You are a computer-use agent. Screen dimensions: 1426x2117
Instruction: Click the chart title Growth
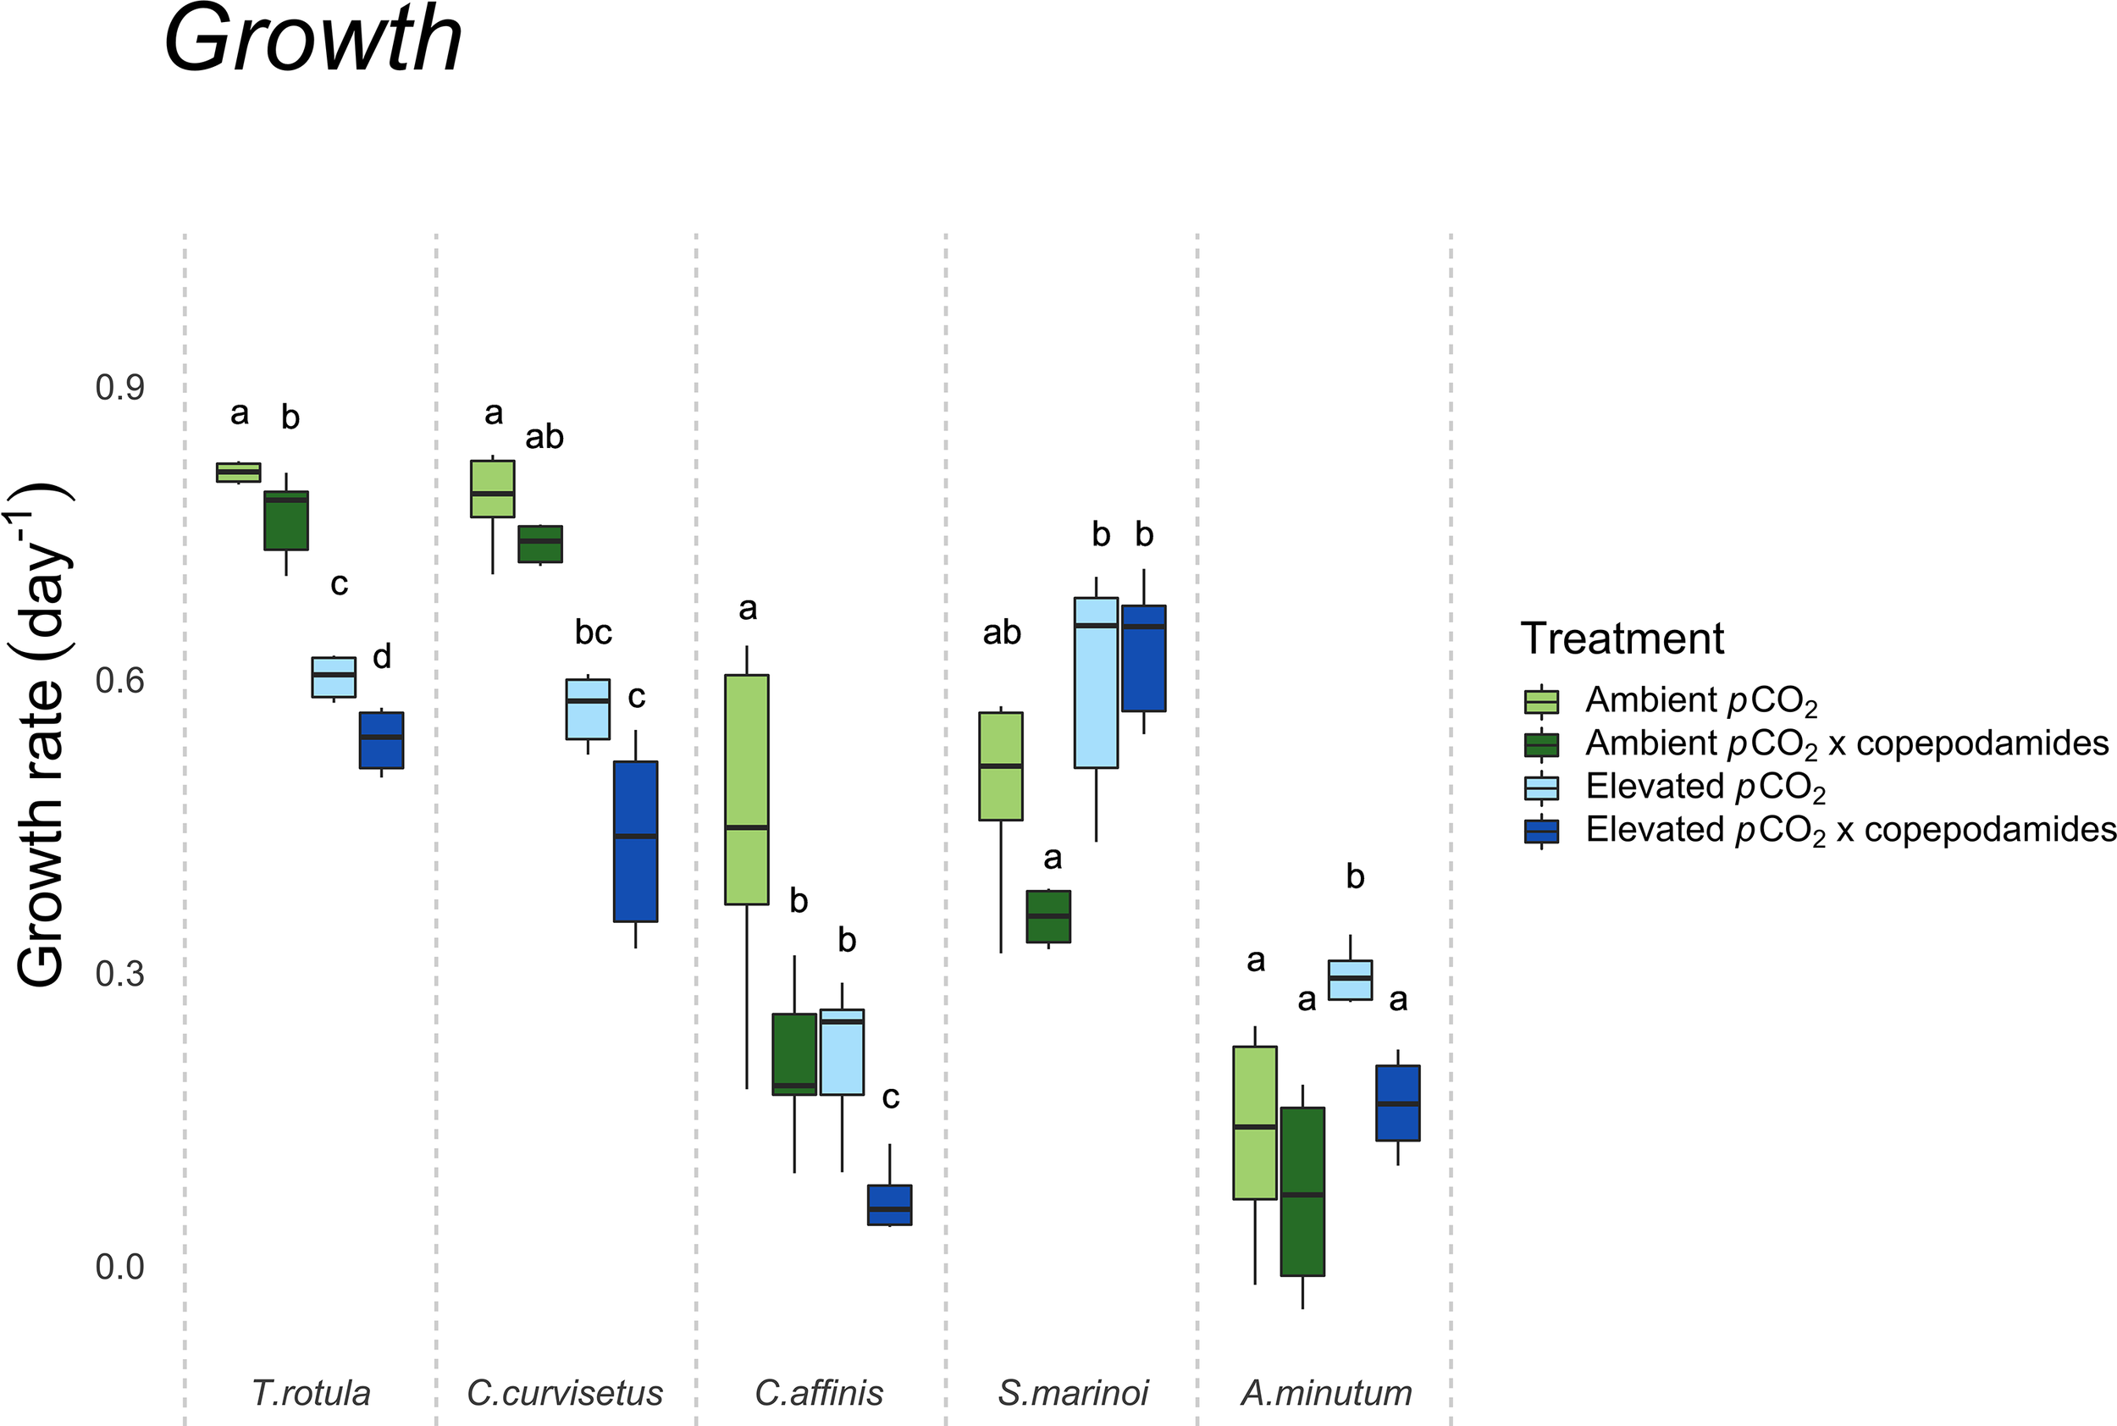pos(312,40)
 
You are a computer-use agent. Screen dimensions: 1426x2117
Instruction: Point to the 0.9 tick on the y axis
pos(119,388)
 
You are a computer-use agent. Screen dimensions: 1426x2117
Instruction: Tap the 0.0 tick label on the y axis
pos(119,1266)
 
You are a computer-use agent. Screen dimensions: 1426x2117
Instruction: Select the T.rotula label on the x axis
pos(310,1392)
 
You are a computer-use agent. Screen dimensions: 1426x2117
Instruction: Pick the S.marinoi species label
pos(1072,1392)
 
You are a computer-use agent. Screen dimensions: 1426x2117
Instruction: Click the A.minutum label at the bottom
pos(1326,1392)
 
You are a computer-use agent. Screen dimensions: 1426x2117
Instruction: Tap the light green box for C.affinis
pos(746,788)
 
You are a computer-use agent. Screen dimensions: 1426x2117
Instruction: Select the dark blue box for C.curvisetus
pos(635,840)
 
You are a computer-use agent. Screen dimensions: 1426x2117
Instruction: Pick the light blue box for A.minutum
pos(1350,980)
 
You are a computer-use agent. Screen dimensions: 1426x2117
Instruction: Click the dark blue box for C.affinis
pos(888,1204)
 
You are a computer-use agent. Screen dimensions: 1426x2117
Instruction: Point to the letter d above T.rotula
pos(382,655)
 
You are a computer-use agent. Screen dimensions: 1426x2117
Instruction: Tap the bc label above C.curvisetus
pos(593,632)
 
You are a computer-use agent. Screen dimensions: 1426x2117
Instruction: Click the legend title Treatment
pos(1622,638)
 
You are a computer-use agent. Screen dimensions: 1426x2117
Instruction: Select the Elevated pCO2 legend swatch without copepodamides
pos(1540,787)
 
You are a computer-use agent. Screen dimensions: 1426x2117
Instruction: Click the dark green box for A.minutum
pos(1302,1191)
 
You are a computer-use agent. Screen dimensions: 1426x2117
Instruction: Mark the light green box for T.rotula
pos(238,471)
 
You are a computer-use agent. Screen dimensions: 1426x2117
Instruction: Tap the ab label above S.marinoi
pos(1001,632)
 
